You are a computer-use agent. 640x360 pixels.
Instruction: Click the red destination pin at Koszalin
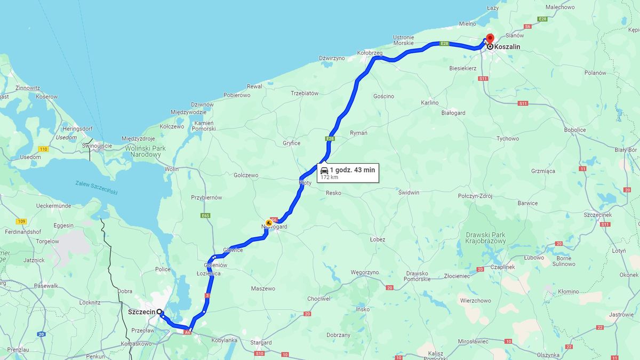490,38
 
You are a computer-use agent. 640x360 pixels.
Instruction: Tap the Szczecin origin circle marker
159,312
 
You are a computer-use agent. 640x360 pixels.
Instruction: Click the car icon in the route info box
324,170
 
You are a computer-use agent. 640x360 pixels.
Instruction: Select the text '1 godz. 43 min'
352,170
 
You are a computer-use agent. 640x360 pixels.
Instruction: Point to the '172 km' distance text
329,177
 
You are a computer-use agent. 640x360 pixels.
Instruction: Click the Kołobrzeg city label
370,52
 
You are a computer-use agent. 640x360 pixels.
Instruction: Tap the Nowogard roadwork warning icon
269,223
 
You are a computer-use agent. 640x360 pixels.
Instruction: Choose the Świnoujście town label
97,146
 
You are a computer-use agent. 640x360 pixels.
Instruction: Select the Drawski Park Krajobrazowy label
485,238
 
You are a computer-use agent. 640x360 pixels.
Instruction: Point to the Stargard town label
261,342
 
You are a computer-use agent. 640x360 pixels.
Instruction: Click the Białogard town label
453,113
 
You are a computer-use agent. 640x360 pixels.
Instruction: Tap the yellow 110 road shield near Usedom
44,149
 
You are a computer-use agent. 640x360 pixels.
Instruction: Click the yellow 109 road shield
21,221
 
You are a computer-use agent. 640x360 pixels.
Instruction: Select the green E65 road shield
205,215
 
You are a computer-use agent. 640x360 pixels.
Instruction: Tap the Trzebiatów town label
305,93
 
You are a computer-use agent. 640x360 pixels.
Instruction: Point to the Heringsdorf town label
77,129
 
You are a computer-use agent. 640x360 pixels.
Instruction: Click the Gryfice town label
292,143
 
